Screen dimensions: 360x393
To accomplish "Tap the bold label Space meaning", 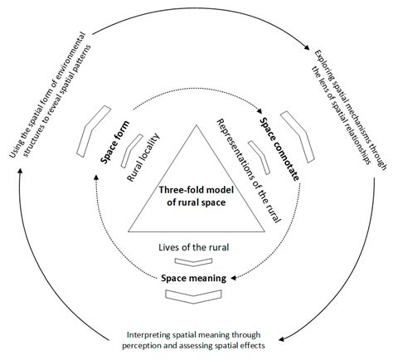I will pyautogui.click(x=193, y=277).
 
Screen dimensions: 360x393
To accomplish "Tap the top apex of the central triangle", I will pyautogui.click(x=196, y=124).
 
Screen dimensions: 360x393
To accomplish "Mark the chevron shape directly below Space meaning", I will pyautogui.click(x=193, y=292).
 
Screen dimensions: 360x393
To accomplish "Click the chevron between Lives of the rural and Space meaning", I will pyautogui.click(x=192, y=261).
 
